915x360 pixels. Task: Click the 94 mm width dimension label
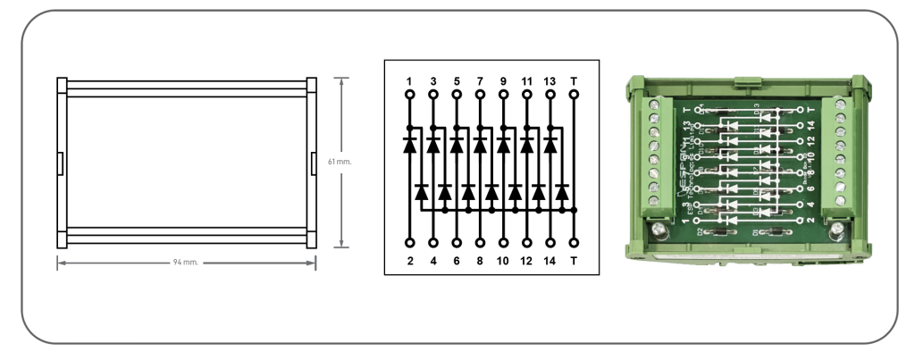[187, 264]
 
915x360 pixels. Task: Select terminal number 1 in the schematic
[409, 80]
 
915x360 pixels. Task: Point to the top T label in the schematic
[573, 80]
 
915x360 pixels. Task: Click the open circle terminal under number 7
[479, 94]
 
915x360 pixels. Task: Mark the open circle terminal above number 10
[502, 242]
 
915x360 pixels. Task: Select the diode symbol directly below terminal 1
[409, 144]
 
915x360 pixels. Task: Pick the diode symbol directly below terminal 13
[550, 144]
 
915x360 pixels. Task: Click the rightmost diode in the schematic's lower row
[561, 191]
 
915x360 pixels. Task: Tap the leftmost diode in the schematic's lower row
[421, 191]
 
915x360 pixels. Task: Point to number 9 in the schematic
[502, 80]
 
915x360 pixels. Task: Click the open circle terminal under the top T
[573, 94]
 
